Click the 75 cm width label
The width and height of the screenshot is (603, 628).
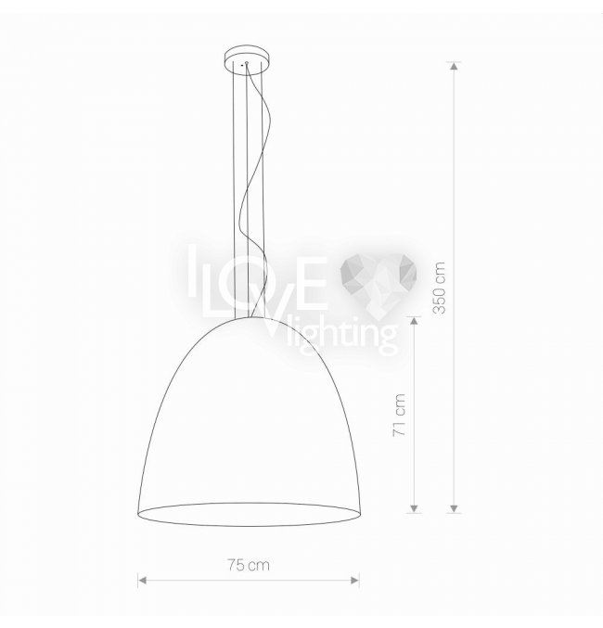click(x=249, y=565)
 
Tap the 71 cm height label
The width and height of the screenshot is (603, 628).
click(x=400, y=415)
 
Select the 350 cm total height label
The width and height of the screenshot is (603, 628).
click(x=439, y=288)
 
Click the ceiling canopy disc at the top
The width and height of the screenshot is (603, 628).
click(x=247, y=59)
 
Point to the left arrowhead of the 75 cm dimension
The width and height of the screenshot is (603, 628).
click(x=142, y=581)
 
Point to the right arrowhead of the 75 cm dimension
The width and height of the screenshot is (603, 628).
click(x=354, y=581)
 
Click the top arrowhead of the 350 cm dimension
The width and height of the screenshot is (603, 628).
click(x=454, y=66)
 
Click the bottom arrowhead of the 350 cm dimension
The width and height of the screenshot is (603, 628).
click(x=454, y=508)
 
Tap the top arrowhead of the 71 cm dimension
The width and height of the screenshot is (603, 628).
click(x=415, y=321)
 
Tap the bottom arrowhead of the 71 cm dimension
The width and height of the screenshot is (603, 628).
click(x=415, y=508)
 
